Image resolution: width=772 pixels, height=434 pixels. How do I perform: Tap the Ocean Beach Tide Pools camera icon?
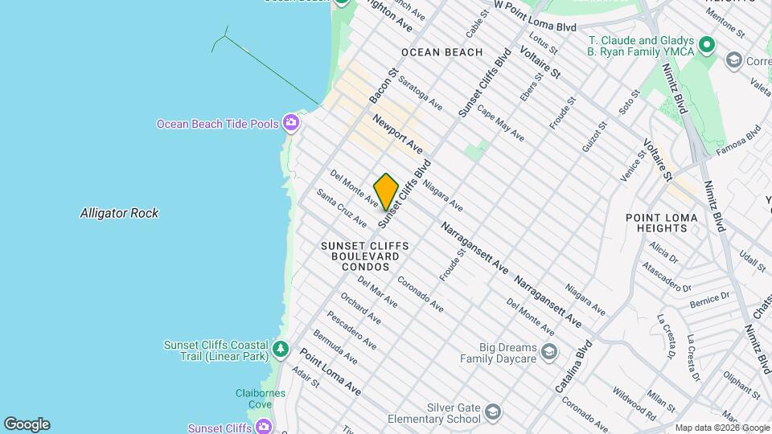[290, 123]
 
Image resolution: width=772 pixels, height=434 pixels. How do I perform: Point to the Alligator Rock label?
[119, 213]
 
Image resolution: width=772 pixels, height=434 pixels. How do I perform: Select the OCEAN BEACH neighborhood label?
[441, 52]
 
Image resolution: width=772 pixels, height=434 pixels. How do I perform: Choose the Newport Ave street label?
[397, 134]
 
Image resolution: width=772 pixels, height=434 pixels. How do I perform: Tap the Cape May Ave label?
[500, 123]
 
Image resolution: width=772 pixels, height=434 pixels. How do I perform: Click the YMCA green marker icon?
[707, 45]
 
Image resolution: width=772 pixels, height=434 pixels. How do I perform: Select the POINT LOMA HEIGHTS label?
[657, 223]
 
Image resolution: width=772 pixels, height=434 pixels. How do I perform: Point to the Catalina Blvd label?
[573, 366]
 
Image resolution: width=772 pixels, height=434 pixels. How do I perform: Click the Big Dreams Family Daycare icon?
[548, 352]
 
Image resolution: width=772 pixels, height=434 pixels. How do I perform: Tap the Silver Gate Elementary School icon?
[492, 413]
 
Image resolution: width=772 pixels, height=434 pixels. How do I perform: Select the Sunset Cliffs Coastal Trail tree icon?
[280, 350]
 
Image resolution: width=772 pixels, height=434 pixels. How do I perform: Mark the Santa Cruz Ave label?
[341, 207]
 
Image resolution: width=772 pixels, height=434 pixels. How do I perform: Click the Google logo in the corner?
[27, 424]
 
